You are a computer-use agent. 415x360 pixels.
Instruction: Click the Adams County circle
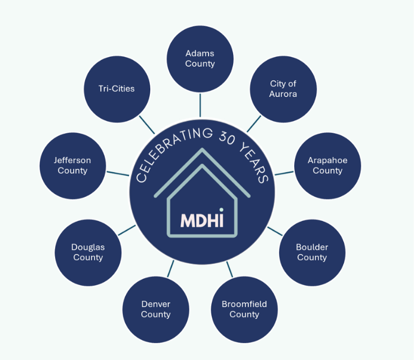(200, 58)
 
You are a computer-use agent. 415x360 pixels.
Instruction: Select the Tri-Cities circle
(117, 89)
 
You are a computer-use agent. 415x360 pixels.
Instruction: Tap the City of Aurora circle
(283, 89)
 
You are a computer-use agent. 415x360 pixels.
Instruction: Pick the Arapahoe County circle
(327, 165)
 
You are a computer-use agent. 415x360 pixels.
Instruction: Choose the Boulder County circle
(312, 252)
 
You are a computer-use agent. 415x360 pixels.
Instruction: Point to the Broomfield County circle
(244, 309)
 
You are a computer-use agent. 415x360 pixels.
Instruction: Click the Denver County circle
(156, 309)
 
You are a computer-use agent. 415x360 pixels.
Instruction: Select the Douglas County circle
(88, 252)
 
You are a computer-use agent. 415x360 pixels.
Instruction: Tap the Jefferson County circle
(73, 165)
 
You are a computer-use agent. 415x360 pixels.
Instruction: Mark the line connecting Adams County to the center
(200, 105)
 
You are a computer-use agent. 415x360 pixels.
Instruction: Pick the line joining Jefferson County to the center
(118, 173)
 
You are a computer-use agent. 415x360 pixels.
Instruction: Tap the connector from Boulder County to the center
(275, 231)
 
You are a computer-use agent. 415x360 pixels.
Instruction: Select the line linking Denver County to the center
(171, 269)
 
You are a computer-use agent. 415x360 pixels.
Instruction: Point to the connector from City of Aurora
(254, 124)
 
